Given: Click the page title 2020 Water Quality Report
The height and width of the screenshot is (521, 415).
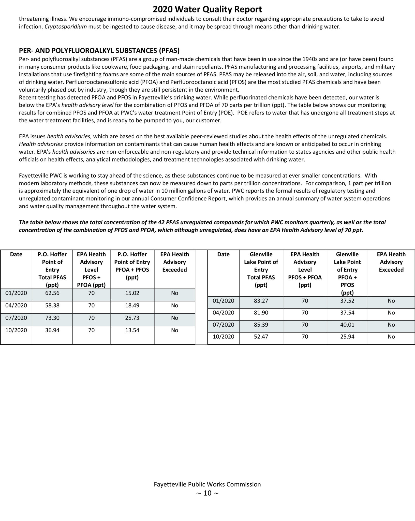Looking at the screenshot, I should tap(207, 9).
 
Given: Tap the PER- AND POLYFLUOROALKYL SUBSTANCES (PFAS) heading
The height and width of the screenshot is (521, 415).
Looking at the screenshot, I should tap(99, 51).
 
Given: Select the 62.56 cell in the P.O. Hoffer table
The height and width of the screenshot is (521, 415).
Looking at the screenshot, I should tap(52, 293).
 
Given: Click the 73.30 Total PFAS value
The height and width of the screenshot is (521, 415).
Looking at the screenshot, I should tap(52, 318).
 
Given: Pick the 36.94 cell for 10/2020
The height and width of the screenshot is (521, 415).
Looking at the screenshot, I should tap(52, 330).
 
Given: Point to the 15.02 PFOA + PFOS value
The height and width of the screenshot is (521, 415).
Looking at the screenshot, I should tap(132, 293).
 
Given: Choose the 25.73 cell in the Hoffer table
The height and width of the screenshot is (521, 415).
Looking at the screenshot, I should tap(132, 318).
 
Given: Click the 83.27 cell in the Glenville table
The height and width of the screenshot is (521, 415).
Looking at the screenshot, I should tap(261, 301).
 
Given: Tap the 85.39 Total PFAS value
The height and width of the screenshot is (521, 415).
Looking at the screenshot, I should tap(261, 325).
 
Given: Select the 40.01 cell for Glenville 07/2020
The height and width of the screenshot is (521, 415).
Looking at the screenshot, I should tap(347, 325).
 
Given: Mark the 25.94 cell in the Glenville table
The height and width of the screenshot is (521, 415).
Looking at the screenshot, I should tap(347, 337).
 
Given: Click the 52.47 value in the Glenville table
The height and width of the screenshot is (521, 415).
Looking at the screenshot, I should tap(261, 337).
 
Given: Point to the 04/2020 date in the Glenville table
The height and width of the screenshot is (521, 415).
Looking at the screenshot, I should tap(223, 313).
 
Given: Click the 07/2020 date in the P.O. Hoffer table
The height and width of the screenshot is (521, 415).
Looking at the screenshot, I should tap(16, 318).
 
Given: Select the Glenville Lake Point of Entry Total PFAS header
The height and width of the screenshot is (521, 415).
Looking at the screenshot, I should tap(261, 270).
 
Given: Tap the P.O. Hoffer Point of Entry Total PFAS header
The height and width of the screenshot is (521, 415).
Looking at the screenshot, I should tap(52, 270).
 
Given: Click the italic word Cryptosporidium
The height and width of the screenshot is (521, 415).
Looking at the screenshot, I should tap(66, 27).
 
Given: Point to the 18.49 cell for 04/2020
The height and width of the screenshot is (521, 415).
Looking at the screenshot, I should tap(132, 305).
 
